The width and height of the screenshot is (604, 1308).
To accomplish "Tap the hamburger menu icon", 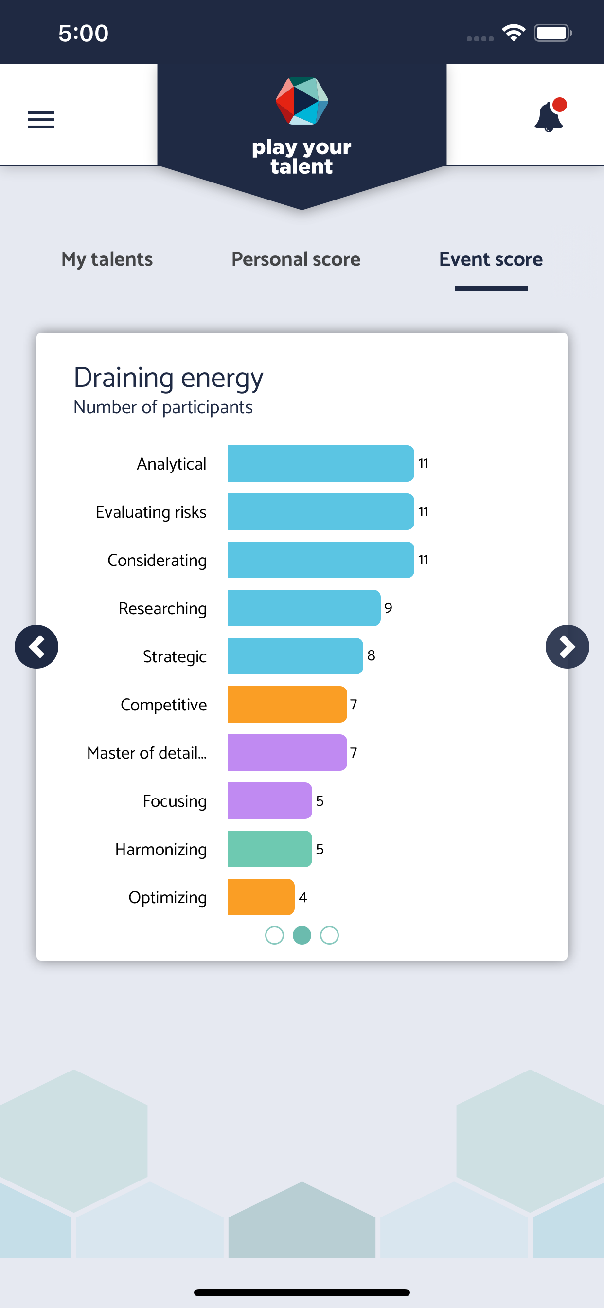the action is tap(40, 120).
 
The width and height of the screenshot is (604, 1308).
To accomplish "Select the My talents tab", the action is tap(107, 259).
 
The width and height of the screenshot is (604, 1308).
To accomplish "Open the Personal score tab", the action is tap(296, 259).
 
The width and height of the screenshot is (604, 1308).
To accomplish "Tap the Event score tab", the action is tap(491, 259).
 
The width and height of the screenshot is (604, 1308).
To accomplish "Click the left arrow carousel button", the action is tap(36, 646).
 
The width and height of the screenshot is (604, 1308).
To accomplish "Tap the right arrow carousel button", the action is tap(568, 646).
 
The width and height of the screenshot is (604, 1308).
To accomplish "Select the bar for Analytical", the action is tap(321, 463).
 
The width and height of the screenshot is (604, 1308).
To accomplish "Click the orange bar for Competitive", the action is tap(287, 704).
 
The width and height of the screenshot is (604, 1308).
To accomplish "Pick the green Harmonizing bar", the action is tap(269, 849).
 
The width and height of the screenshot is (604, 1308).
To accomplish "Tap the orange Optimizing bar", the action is tap(261, 897).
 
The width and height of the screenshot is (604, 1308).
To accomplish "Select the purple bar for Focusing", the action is tap(269, 801).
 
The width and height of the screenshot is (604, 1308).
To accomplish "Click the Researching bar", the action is tap(304, 608).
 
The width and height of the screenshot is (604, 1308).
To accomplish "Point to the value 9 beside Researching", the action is tap(388, 608).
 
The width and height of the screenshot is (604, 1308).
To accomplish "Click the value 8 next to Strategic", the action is tap(371, 655).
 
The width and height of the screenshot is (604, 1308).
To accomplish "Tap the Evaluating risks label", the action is tap(151, 512).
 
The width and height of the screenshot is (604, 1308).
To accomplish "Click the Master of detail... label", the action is tap(147, 753).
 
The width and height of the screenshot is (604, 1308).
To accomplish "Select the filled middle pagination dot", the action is tap(302, 935).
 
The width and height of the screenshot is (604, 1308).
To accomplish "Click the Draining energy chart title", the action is tap(169, 378).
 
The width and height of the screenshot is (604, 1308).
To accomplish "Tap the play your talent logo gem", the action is tap(302, 101).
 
